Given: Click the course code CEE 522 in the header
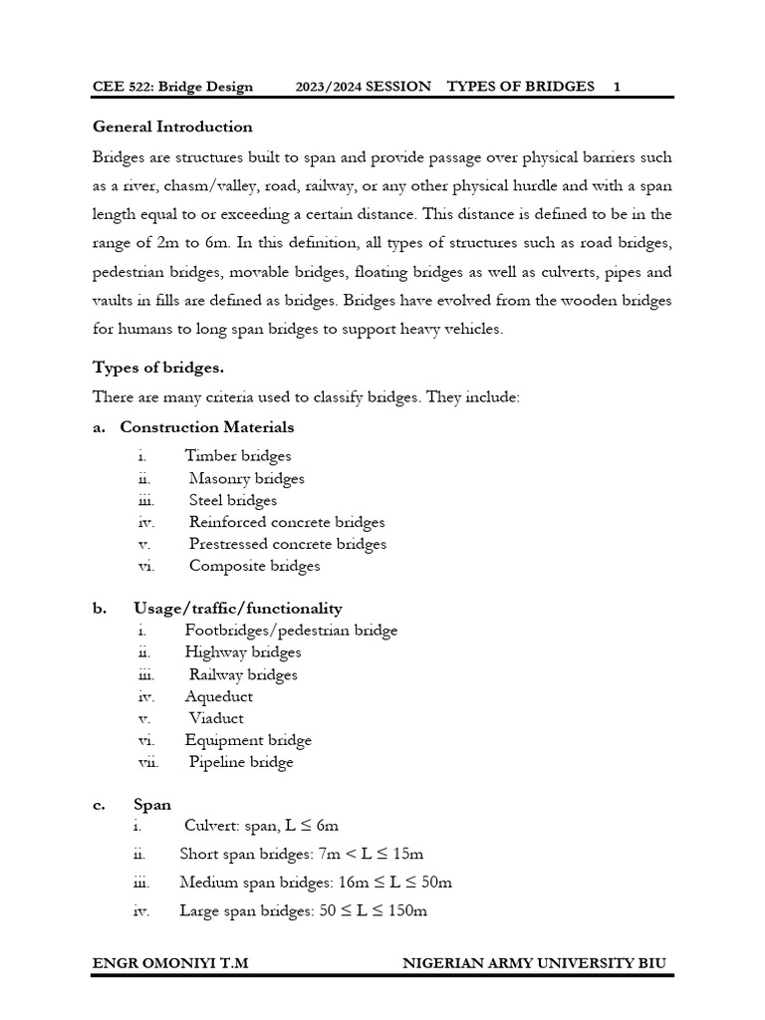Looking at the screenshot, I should [x=124, y=87].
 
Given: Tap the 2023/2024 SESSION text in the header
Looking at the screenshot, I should [x=363, y=87].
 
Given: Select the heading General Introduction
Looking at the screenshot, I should [x=172, y=127].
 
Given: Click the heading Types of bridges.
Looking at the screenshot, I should [x=158, y=368].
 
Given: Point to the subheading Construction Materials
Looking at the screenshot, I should [x=206, y=427].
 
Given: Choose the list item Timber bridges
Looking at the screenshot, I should [x=238, y=456].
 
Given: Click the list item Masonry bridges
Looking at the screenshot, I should [x=246, y=478].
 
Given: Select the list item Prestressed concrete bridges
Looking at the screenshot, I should [x=287, y=544].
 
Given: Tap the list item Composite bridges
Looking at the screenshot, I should [x=254, y=566].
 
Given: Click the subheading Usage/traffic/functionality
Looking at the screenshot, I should [x=237, y=609].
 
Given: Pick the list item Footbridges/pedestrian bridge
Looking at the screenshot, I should [x=291, y=631].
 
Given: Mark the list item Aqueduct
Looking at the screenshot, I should [x=219, y=696].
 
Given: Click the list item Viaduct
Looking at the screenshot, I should [x=216, y=718].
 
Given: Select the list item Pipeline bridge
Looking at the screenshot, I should [x=241, y=762].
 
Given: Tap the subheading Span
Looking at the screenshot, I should [x=152, y=805].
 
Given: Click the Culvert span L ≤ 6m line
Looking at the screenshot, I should [x=261, y=825].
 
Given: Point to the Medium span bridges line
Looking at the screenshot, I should [x=315, y=883].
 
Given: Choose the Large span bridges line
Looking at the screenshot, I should [x=303, y=910].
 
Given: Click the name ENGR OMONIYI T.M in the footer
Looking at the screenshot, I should [x=170, y=963].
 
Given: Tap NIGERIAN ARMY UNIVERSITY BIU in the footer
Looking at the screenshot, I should [x=534, y=963].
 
